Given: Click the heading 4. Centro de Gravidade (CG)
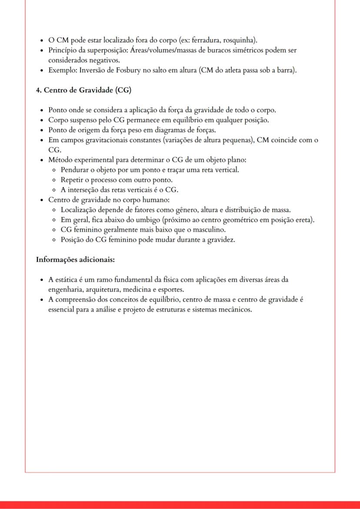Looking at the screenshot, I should [x=83, y=90].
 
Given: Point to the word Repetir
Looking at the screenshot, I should [x=72, y=180].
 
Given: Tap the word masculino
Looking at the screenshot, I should [x=206, y=230].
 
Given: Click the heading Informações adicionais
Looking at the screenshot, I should [x=75, y=260].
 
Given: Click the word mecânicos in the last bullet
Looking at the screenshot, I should [x=235, y=309].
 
